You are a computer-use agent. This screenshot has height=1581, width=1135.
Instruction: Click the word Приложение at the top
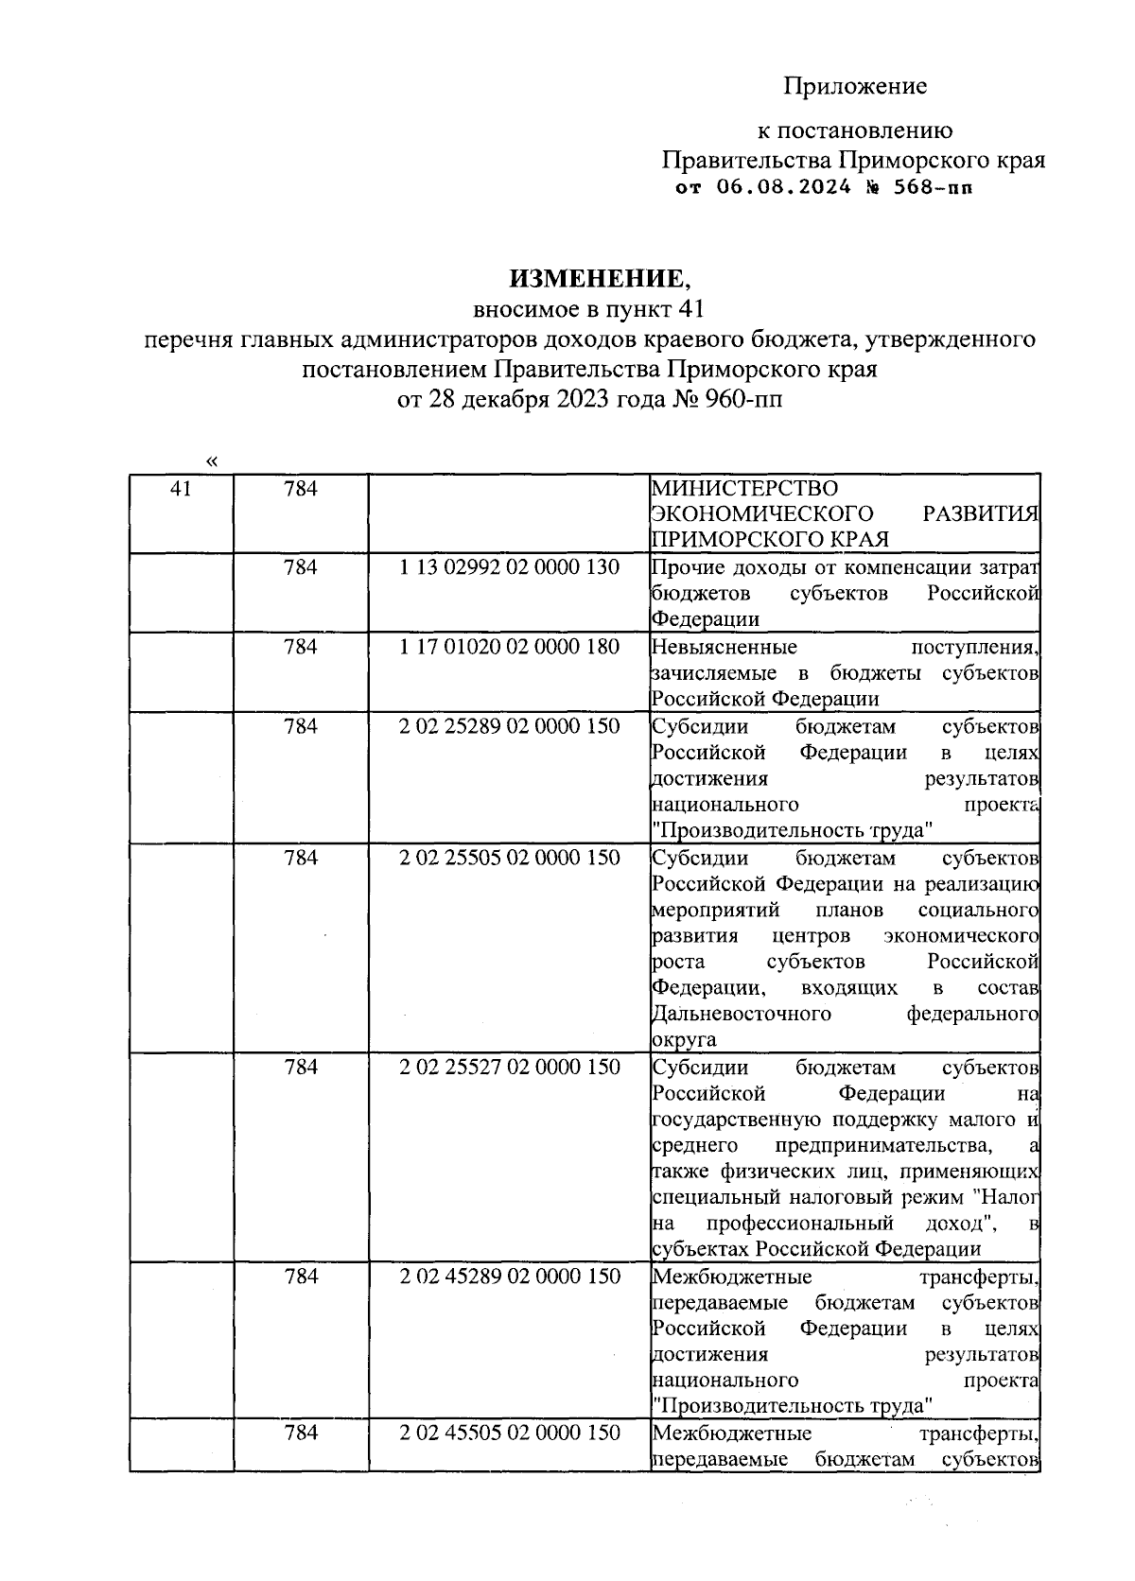coord(855,87)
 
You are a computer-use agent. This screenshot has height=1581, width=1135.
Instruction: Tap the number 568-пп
coord(932,187)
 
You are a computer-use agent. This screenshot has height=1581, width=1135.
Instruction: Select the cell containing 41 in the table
coord(181,489)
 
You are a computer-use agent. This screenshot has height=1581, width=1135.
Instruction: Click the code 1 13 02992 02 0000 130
coord(509,567)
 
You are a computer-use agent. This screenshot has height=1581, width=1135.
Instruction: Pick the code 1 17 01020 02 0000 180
coord(509,647)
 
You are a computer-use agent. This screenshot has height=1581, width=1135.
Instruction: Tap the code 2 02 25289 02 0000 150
coord(509,726)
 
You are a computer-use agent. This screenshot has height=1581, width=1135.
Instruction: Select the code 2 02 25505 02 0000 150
coord(509,858)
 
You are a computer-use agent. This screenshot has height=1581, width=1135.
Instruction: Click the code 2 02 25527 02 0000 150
coord(509,1067)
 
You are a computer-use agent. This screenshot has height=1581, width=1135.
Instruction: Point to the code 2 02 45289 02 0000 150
coord(509,1277)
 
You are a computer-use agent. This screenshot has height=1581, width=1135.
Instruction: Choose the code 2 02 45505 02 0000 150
coord(509,1433)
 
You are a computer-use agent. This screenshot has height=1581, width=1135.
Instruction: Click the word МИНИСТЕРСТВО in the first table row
coord(744,489)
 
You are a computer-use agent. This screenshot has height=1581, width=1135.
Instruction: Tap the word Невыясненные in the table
coord(724,647)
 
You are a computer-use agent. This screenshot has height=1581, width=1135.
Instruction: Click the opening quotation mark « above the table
coord(211,461)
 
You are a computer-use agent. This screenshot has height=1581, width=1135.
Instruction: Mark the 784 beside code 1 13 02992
coord(300,567)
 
